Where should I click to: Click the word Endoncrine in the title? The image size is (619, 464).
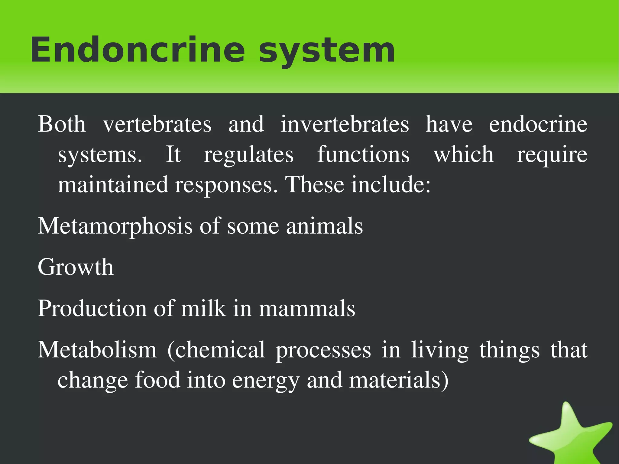click(x=138, y=50)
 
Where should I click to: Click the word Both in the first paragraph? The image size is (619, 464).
click(x=62, y=124)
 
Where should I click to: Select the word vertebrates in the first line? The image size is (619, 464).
click(x=157, y=124)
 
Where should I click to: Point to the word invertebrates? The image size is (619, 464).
click(x=345, y=124)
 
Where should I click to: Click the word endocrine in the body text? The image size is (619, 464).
click(x=538, y=124)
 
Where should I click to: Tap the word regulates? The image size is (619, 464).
click(x=248, y=155)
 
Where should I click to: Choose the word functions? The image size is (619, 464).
click(x=363, y=154)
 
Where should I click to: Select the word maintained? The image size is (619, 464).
click(x=113, y=185)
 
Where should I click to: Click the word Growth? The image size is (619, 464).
click(x=76, y=267)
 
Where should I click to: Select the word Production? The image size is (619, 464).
click(x=92, y=309)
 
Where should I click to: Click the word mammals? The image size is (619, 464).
click(x=307, y=309)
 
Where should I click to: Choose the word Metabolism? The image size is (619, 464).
click(x=97, y=350)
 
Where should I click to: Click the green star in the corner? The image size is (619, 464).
click(x=571, y=435)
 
